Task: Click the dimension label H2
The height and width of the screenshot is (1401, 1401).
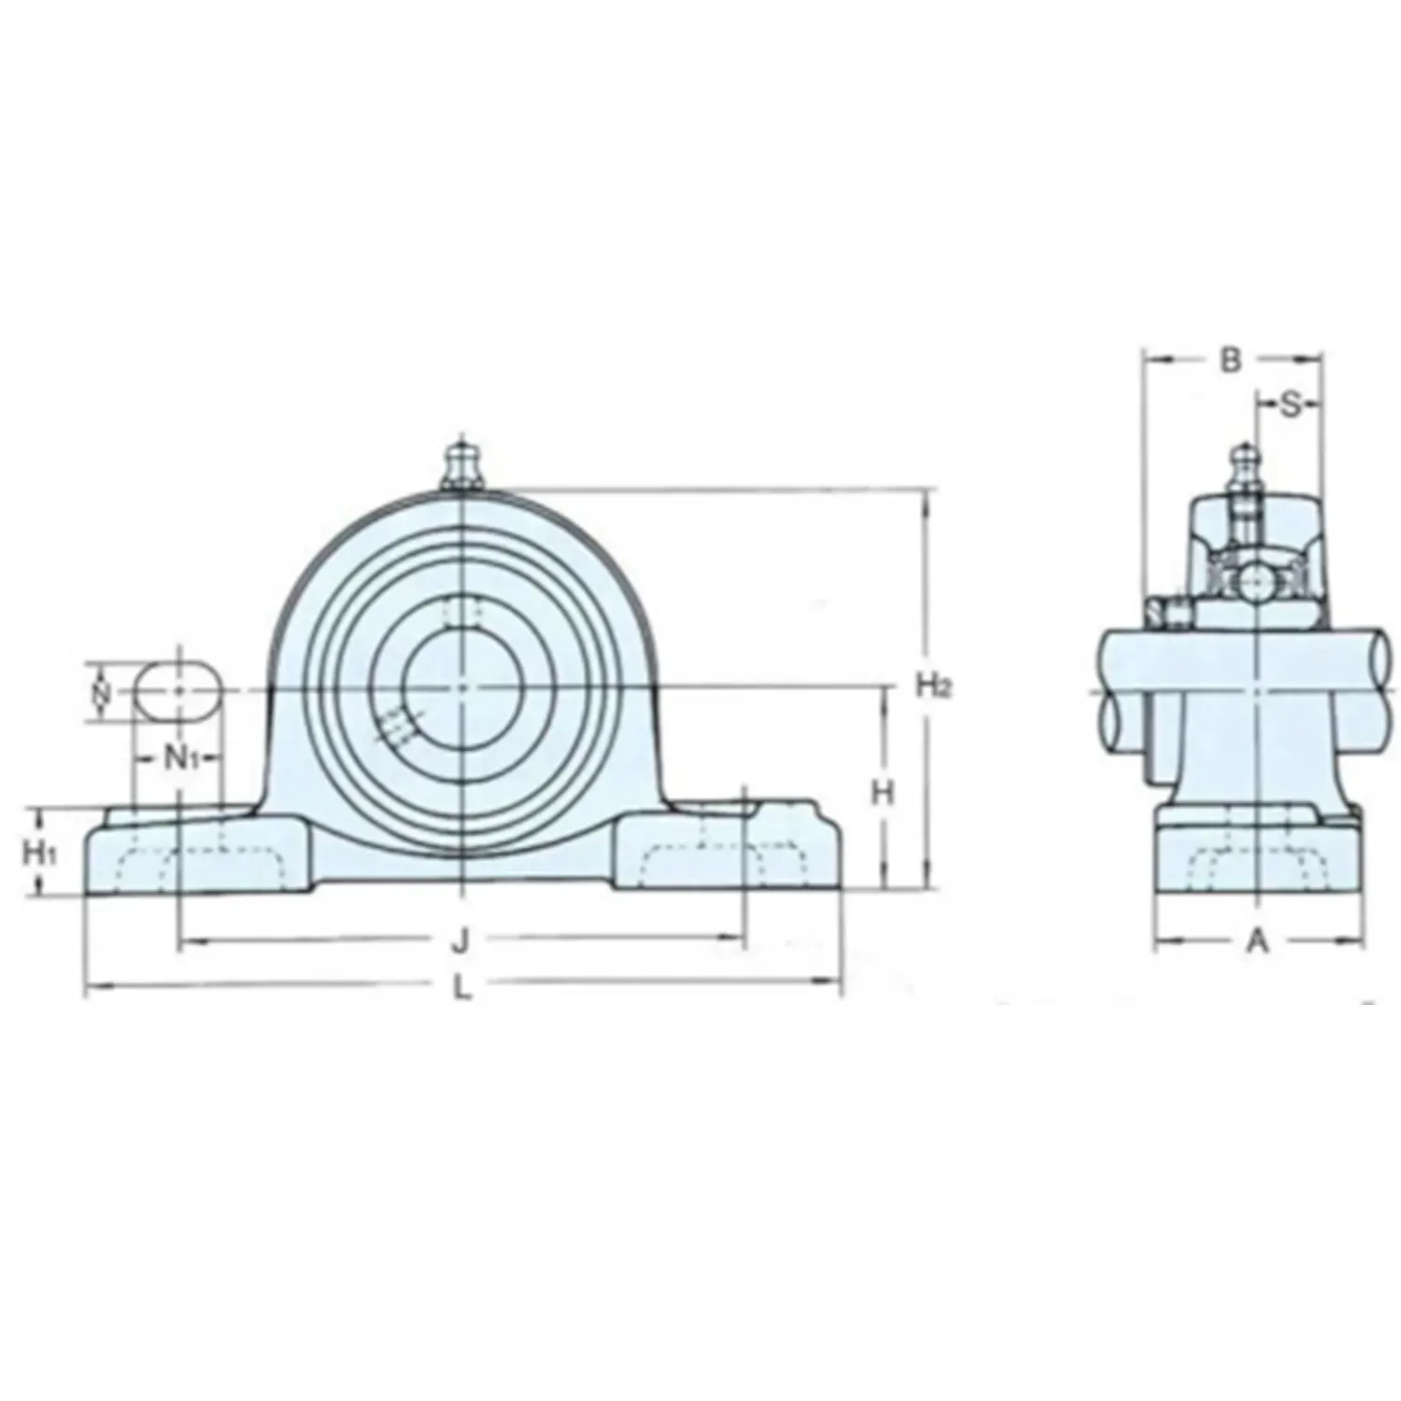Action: coord(932,686)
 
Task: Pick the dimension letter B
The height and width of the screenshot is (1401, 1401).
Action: coord(1232,360)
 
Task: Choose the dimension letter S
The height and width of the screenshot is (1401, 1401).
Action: coord(1289,404)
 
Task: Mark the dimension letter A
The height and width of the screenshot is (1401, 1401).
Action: coord(1258,942)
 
